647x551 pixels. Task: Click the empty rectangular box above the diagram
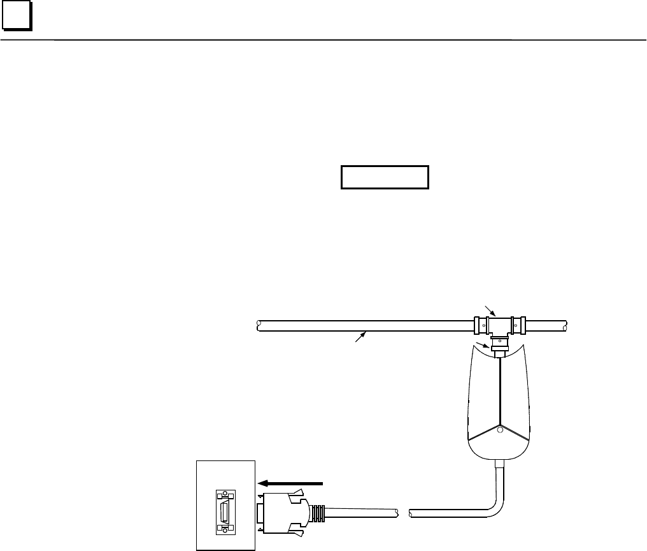coord(385,178)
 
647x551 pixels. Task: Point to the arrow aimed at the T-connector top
coord(490,312)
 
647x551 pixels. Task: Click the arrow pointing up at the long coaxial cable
coord(360,337)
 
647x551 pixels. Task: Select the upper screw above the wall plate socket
coord(223,495)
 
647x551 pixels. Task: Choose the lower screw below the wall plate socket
coord(223,528)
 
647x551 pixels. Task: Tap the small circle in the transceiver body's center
coord(500,430)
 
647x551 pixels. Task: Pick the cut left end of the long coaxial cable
coord(259,325)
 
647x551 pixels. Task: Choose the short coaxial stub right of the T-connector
coord(545,325)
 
